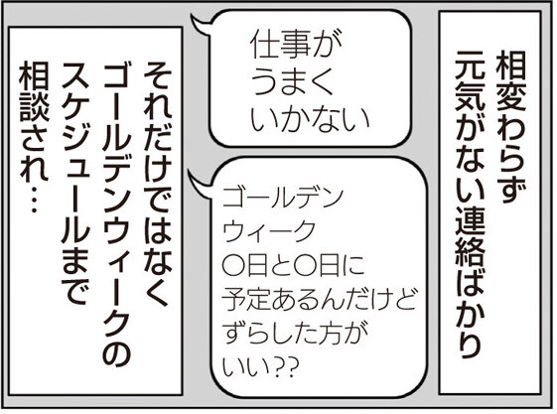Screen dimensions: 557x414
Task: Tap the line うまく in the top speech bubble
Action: tap(292, 80)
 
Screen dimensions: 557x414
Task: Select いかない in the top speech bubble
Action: tap(310, 117)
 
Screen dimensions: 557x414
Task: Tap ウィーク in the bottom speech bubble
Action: tap(269, 231)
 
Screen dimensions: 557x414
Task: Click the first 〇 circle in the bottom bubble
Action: tap(232, 265)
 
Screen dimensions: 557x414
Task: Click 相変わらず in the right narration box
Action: tap(510, 127)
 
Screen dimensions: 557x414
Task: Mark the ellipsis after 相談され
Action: tap(34, 200)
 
